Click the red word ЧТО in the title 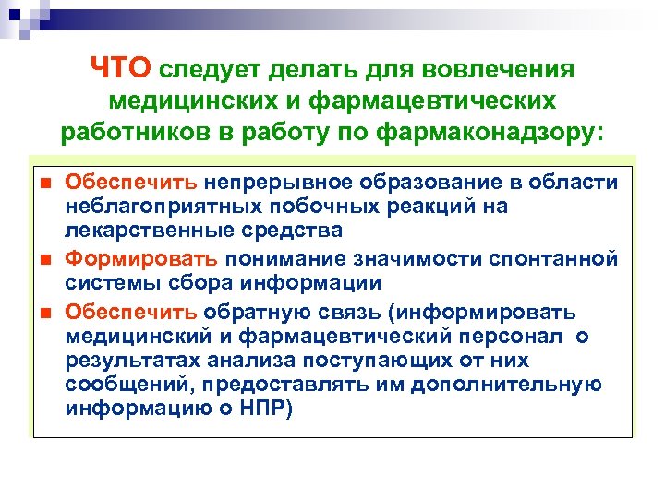point(123,68)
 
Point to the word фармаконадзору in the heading point(492,131)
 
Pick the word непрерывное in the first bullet point(273,183)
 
